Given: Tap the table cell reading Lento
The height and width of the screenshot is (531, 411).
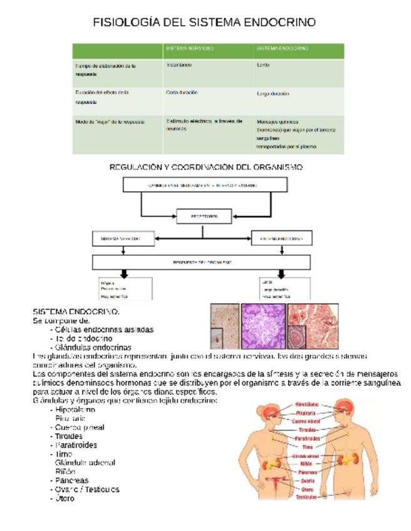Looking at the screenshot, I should (263, 65).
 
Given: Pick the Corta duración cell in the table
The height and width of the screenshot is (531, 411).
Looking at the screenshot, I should (182, 93).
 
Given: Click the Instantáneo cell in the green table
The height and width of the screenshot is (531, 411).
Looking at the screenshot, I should (179, 65).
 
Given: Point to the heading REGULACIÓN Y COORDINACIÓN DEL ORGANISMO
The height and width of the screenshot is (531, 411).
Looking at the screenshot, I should (206, 167).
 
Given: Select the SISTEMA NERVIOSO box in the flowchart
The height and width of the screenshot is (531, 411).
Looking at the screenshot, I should (123, 239).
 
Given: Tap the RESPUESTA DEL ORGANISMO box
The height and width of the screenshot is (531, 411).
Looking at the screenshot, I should (202, 262).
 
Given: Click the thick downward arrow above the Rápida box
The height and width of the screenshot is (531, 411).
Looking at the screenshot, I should (124, 274).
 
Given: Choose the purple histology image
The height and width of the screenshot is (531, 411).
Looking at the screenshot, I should (263, 326).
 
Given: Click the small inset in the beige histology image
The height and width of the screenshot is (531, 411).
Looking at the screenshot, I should (217, 338).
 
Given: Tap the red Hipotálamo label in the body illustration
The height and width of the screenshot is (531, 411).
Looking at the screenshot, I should (306, 405).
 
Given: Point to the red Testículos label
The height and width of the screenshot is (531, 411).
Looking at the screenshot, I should (306, 497).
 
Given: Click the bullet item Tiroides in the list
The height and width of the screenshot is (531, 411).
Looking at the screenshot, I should (68, 436).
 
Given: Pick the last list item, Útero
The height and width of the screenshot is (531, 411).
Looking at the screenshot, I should (65, 498).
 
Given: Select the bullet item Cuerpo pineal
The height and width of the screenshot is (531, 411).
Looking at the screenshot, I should (80, 428).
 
